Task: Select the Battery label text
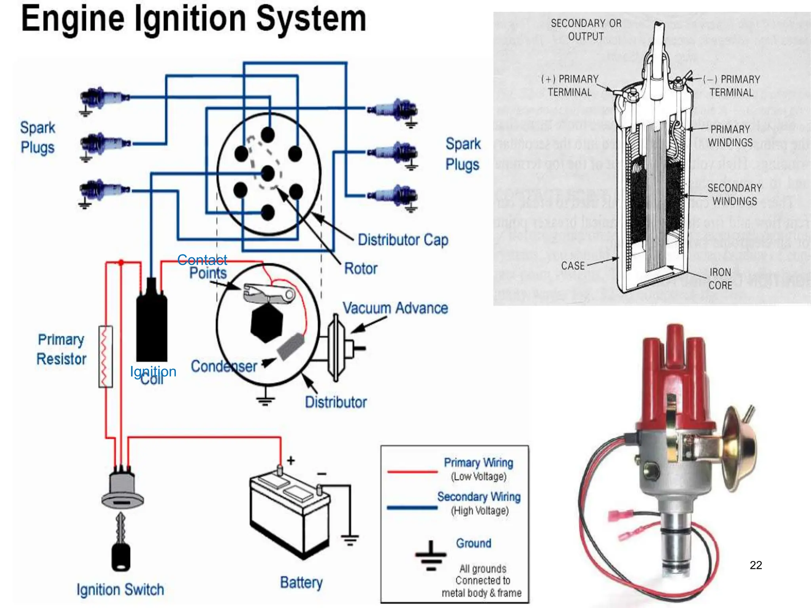(301, 583)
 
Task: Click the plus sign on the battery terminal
(291, 460)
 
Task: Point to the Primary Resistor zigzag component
(105, 356)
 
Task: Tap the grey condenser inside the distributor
(290, 346)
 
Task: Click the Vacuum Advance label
(395, 308)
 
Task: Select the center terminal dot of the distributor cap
(268, 173)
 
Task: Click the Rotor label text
(360, 268)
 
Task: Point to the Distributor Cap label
(403, 240)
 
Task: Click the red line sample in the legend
(412, 472)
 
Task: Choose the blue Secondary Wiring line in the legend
(412, 507)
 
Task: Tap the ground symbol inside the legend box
(431, 555)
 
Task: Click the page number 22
(756, 565)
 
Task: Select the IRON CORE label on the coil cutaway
(720, 279)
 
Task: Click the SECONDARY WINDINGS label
(735, 194)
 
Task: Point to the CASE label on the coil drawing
(573, 266)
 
